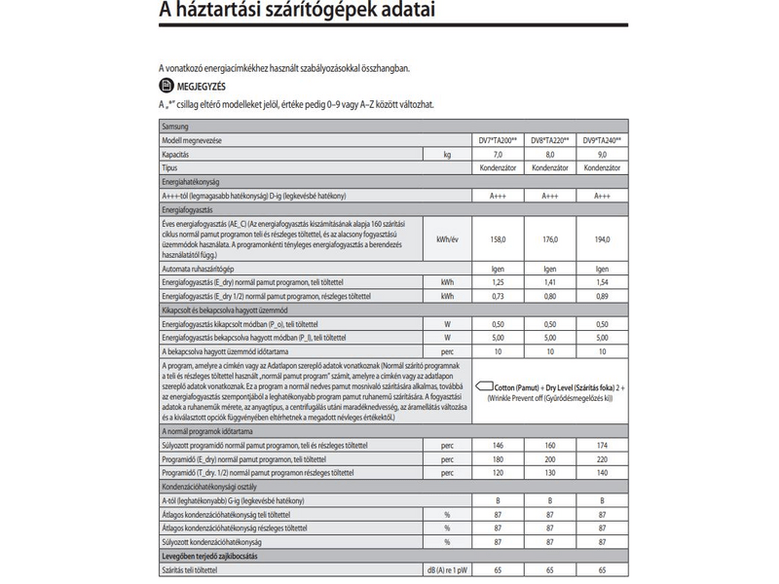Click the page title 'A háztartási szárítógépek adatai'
(x=272, y=13)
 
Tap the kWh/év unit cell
(x=447, y=239)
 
